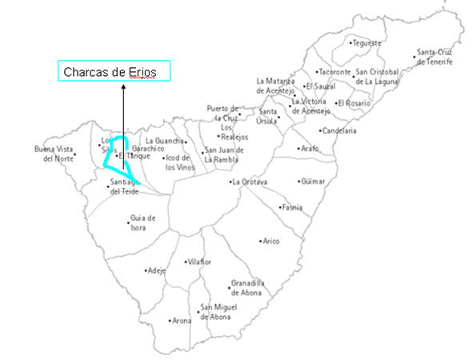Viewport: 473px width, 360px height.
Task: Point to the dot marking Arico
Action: [x=261, y=240]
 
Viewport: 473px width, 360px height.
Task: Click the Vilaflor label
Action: [x=199, y=262]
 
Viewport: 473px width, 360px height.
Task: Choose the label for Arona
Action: [x=182, y=321]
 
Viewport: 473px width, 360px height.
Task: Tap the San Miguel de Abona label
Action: [x=216, y=312]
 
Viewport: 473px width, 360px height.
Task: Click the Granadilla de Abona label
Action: [x=247, y=288]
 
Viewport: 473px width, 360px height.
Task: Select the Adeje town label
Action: [x=157, y=270]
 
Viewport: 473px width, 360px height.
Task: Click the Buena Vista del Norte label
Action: [x=53, y=154]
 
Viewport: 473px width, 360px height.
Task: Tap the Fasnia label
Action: [x=292, y=207]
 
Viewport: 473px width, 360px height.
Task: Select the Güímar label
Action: [x=314, y=182]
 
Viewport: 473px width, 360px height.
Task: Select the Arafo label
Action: [x=309, y=149]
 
